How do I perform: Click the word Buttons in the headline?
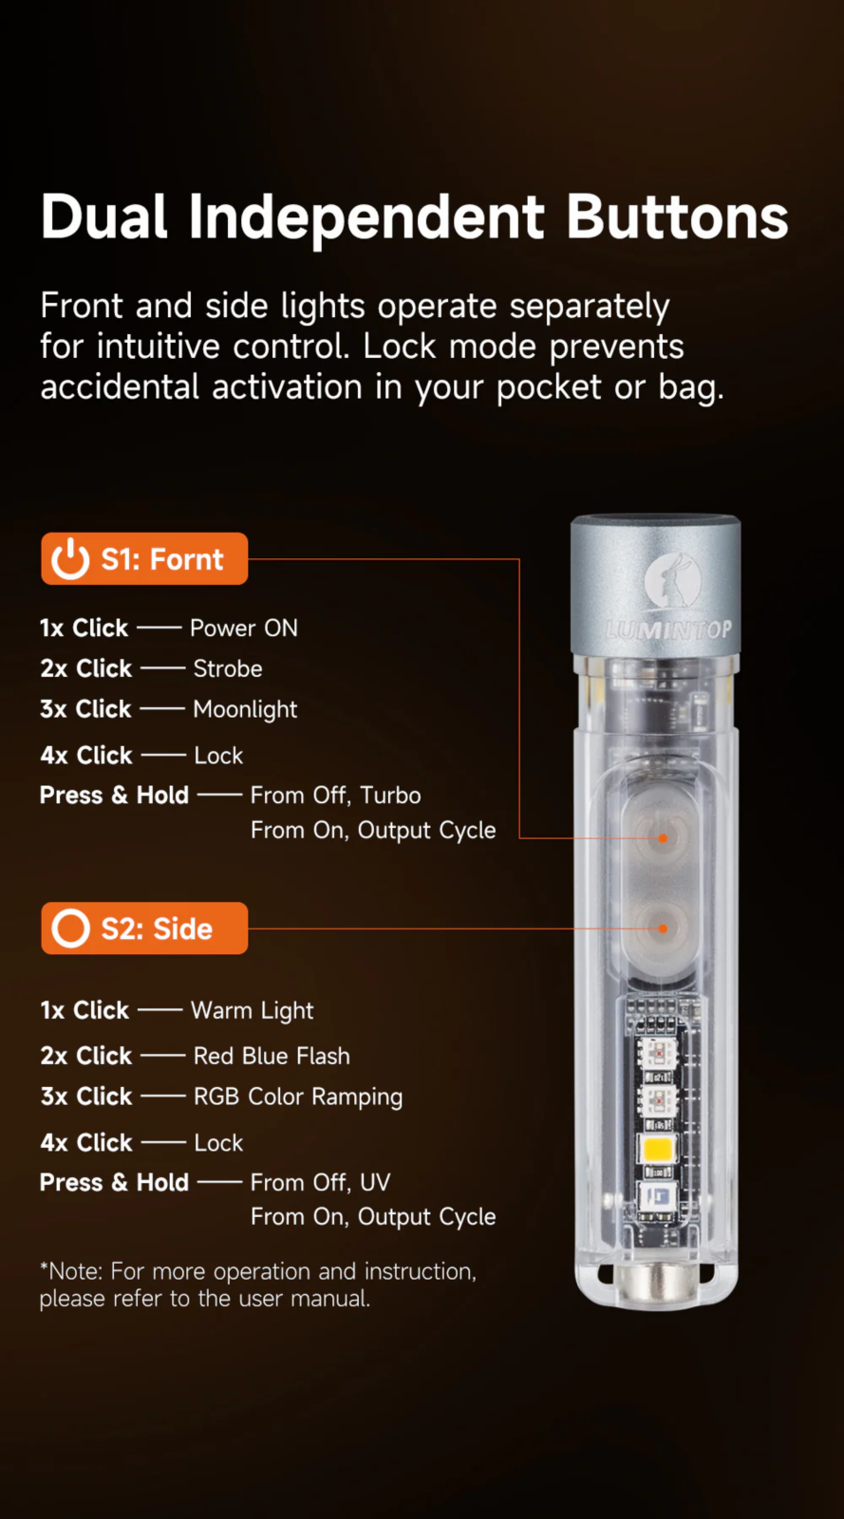[x=677, y=217]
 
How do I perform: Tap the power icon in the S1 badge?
[x=70, y=559]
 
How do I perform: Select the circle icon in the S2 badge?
[x=70, y=928]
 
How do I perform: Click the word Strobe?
[x=228, y=668]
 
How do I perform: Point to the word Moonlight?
[x=245, y=709]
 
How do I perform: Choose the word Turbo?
[x=390, y=795]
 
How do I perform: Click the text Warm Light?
[x=253, y=1011]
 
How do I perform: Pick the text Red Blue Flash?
[x=272, y=1056]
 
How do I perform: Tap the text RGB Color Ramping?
[x=298, y=1097]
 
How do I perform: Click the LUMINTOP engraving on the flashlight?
[x=668, y=630]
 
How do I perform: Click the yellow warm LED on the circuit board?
[x=658, y=1149]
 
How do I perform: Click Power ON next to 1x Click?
[x=244, y=628]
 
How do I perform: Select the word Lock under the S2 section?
[x=218, y=1143]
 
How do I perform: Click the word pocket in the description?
[x=549, y=388]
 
